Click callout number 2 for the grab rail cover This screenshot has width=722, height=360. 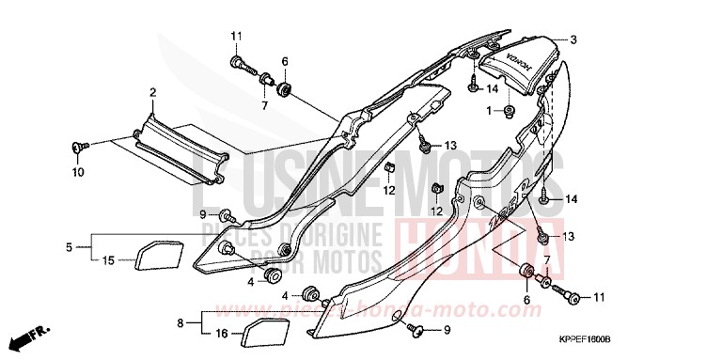click(x=152, y=92)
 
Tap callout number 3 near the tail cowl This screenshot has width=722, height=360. click(x=573, y=39)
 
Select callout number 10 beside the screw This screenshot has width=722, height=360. click(x=78, y=172)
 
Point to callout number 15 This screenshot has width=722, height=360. click(x=108, y=259)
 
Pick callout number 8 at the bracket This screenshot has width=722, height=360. click(x=179, y=322)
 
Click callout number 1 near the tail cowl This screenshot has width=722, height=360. click(x=489, y=111)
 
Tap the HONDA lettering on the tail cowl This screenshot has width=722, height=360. click(x=515, y=66)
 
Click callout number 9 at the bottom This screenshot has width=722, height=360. click(x=447, y=330)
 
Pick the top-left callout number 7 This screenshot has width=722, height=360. click(x=264, y=105)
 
